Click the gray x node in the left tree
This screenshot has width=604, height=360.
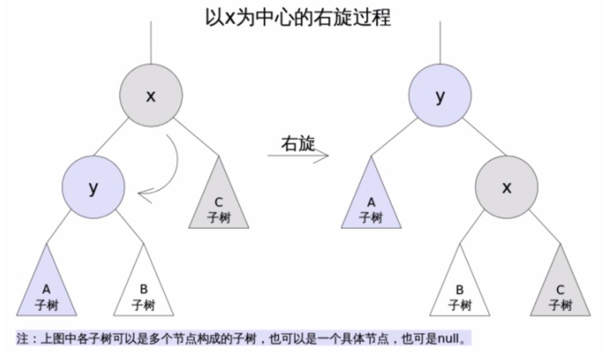pos(150,96)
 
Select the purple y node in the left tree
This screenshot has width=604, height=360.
pos(93,188)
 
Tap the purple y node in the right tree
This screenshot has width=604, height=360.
pos(440,96)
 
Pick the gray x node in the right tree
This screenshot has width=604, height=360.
pos(507,188)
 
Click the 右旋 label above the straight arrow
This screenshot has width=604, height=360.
pos(298,144)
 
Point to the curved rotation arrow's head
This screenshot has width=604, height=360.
pos(141,195)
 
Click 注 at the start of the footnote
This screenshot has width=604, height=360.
pos(21,339)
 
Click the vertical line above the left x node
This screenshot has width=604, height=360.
pos(150,42)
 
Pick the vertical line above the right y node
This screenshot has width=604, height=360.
pos(440,42)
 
